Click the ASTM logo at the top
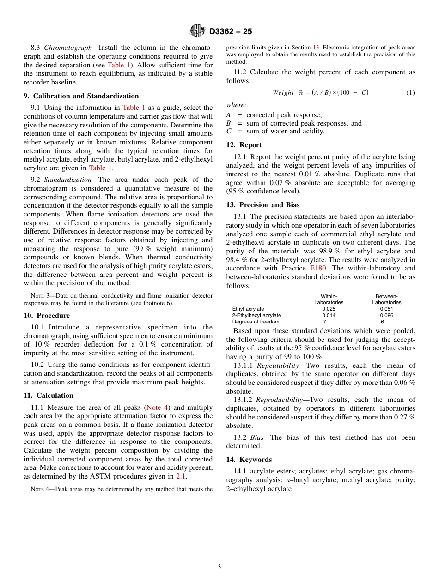point(197,31)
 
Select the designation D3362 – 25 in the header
point(231,31)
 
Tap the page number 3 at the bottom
point(219,567)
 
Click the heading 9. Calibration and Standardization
point(81,96)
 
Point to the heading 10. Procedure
point(47,316)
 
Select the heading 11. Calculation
point(49,395)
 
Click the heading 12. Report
point(244,145)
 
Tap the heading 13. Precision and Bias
point(263,205)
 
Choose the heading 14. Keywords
point(249,460)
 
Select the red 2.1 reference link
point(181,476)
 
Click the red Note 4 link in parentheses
point(157,407)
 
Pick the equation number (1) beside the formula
point(410,93)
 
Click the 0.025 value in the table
point(329,309)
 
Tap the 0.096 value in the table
point(386,316)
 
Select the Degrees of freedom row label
point(256,322)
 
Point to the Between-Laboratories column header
point(386,299)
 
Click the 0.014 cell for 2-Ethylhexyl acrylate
point(329,316)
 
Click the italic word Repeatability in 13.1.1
point(277,365)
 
